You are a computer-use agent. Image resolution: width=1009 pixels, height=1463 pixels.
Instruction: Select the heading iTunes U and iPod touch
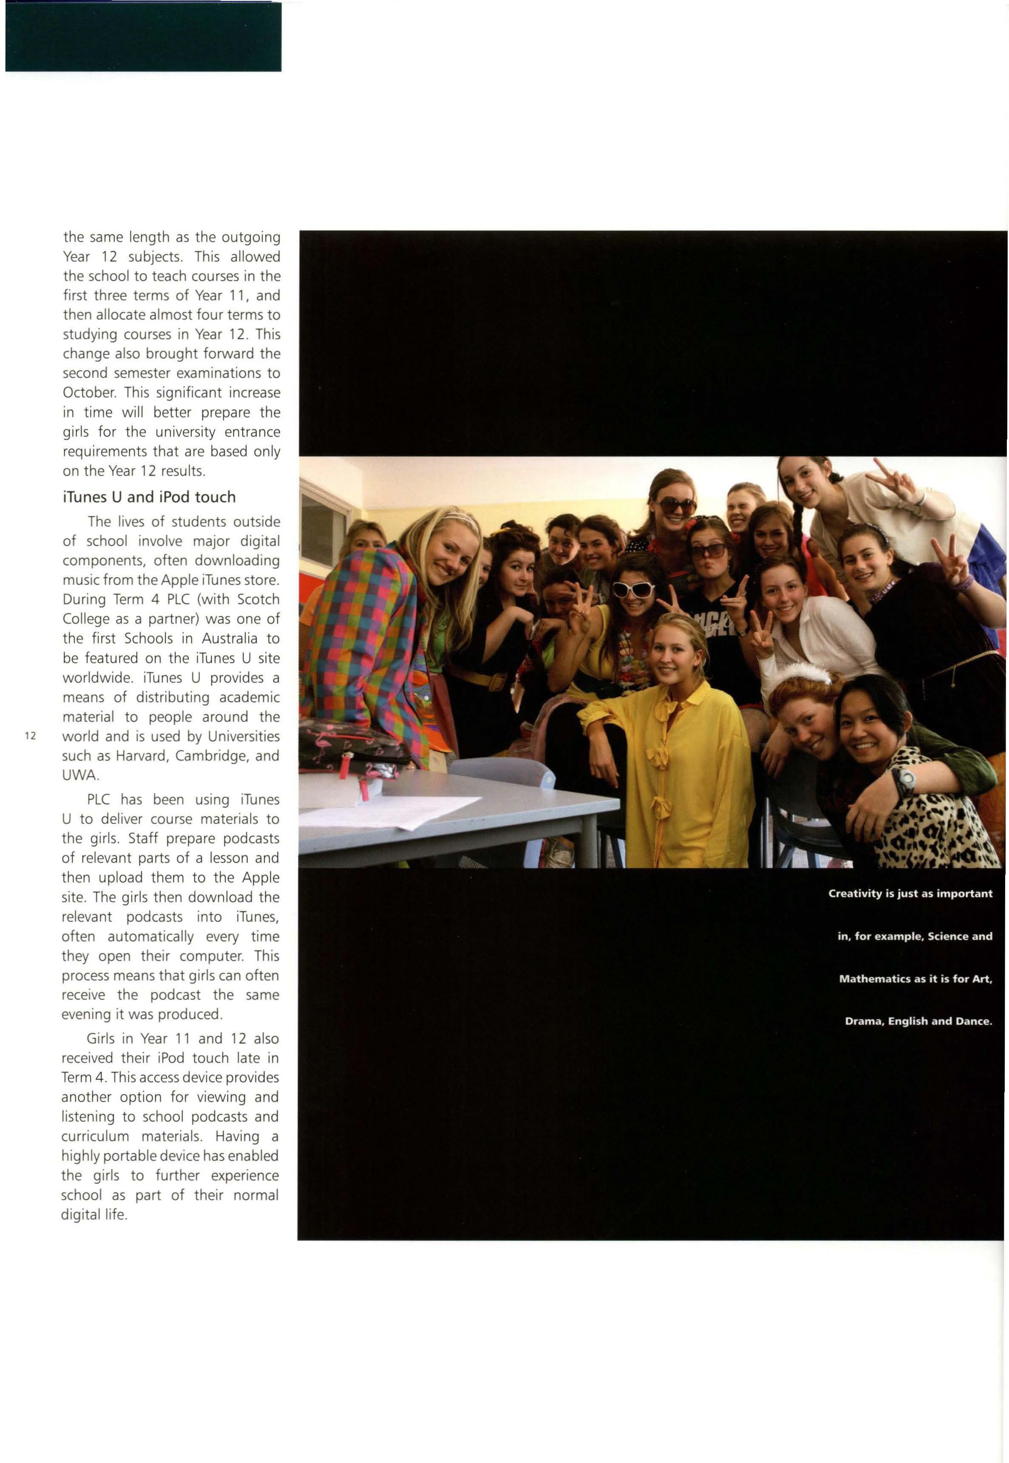pyautogui.click(x=149, y=497)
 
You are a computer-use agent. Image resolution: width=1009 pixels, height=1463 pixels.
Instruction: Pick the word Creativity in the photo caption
pyautogui.click(x=854, y=893)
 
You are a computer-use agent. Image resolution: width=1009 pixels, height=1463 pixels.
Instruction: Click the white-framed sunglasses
pyautogui.click(x=633, y=590)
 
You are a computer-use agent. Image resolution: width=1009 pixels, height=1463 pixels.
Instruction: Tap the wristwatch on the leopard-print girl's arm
pyautogui.click(x=906, y=781)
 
